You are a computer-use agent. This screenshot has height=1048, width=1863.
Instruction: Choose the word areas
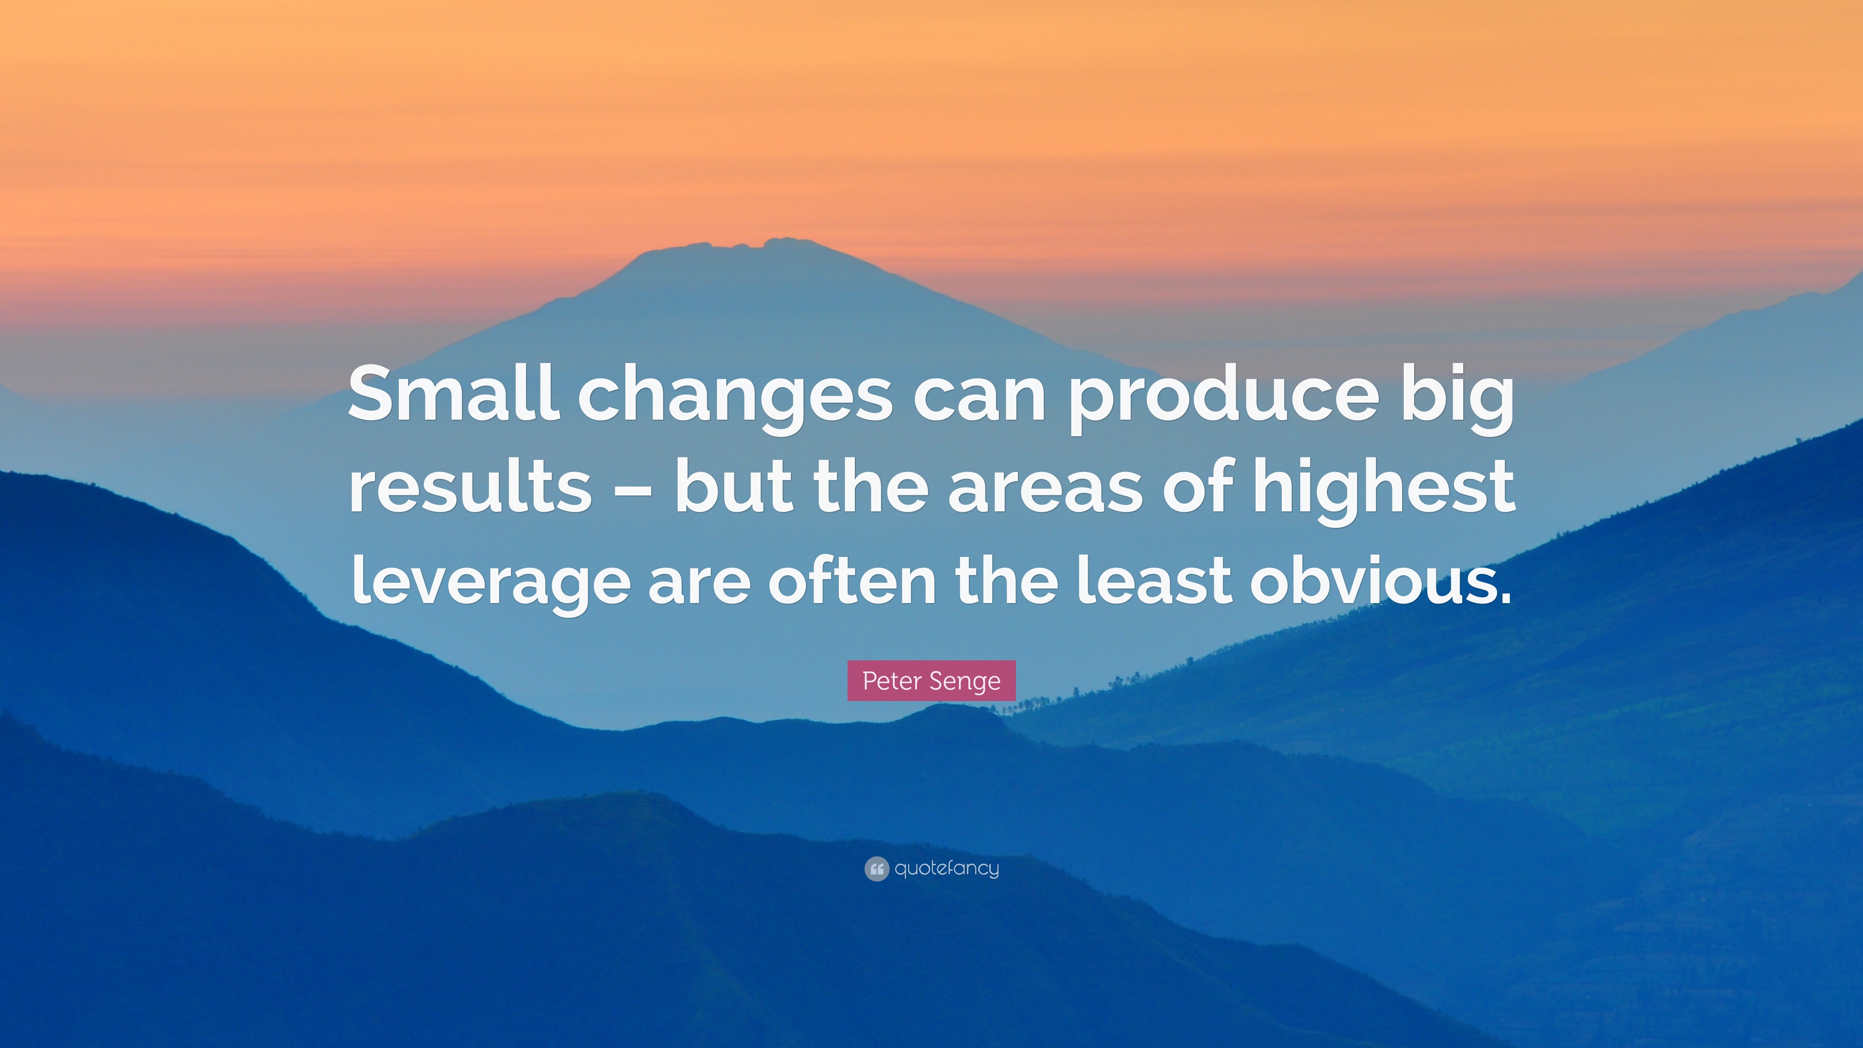point(1045,492)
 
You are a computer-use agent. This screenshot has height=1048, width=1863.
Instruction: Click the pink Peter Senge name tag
point(931,681)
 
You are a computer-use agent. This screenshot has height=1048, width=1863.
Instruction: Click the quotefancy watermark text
point(947,868)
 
